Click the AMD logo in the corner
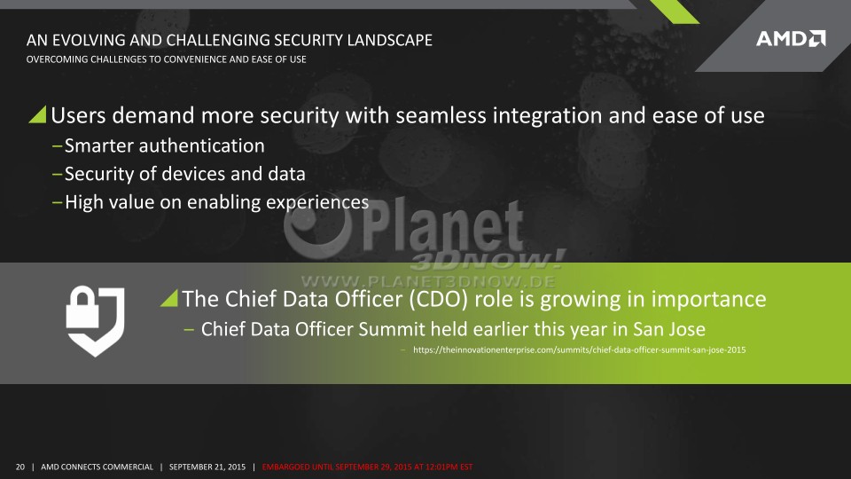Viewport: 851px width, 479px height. [x=791, y=38]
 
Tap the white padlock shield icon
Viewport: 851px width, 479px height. [x=96, y=321]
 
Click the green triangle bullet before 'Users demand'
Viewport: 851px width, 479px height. [x=38, y=114]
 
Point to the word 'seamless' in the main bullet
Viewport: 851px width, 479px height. [x=441, y=115]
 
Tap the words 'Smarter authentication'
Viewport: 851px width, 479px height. [x=165, y=145]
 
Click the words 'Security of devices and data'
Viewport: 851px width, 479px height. [x=185, y=174]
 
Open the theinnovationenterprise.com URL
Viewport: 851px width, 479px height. [x=579, y=349]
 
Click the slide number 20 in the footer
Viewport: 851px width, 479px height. [x=20, y=467]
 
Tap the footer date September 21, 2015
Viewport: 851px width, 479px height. [x=207, y=467]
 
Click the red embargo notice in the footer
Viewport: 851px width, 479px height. [x=367, y=467]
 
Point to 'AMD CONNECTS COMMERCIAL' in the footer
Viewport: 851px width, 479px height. [x=98, y=467]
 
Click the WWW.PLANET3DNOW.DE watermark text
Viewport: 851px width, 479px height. [x=428, y=281]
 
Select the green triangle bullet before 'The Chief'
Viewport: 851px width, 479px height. [x=169, y=298]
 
